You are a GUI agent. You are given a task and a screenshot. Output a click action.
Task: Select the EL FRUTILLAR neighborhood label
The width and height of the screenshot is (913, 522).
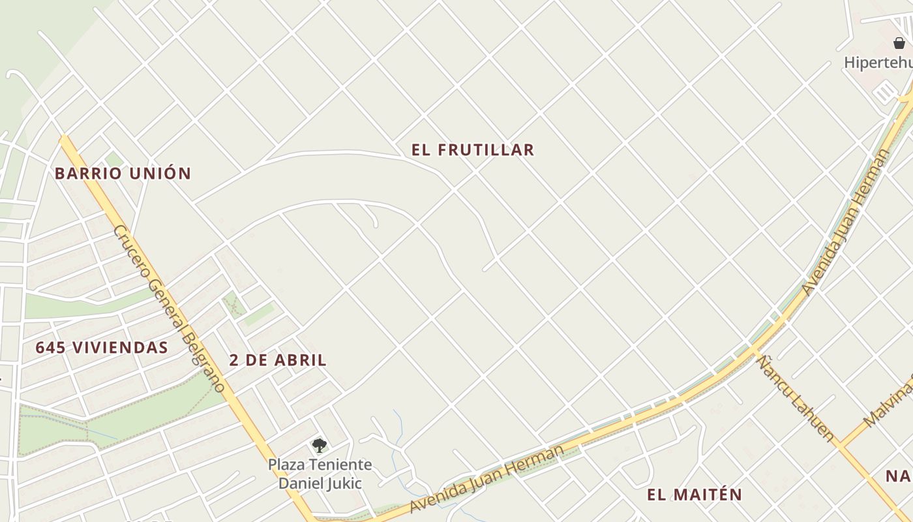coord(473,150)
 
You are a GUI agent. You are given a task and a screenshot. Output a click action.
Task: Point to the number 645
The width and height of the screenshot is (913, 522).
coord(50,348)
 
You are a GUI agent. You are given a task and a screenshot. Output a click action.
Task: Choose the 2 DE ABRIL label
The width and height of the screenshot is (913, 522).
coord(278,360)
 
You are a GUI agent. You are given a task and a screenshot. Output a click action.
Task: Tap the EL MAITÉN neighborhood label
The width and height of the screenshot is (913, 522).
coord(695,495)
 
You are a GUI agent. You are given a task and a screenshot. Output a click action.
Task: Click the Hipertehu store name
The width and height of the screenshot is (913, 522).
coord(878,63)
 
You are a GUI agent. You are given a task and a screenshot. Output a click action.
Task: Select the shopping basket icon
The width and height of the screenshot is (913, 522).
coord(899,43)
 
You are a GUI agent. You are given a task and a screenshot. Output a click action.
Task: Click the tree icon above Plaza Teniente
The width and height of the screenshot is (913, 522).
coord(319,446)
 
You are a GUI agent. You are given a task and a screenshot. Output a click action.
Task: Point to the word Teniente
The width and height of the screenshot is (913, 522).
coord(340,465)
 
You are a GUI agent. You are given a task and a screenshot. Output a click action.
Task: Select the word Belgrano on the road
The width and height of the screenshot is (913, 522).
coord(203,361)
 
